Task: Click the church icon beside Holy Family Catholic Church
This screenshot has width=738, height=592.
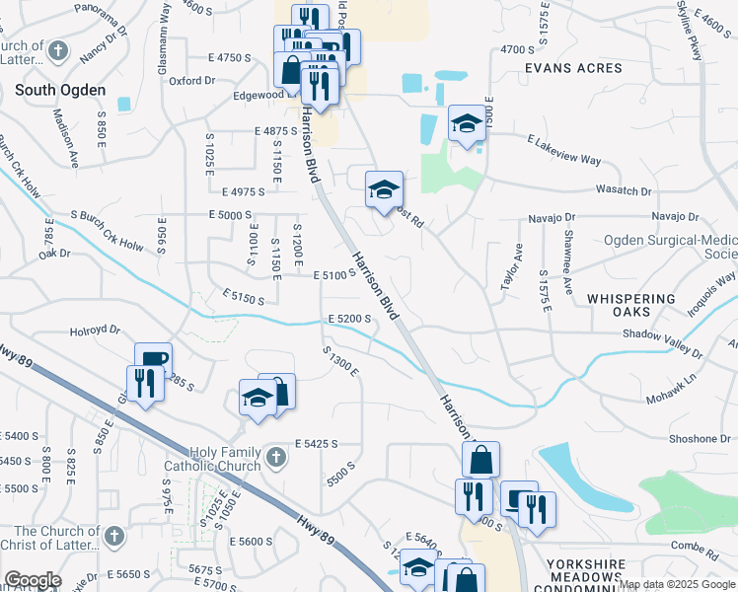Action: click(x=276, y=457)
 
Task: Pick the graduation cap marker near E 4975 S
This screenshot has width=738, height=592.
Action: click(x=385, y=189)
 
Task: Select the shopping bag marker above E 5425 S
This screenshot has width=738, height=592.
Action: click(x=277, y=391)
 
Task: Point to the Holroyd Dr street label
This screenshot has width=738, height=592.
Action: click(x=95, y=332)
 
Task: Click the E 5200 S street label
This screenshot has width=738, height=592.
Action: click(x=349, y=319)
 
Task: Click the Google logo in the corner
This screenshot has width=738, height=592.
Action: click(x=33, y=580)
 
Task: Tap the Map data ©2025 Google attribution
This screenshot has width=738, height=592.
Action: click(x=677, y=584)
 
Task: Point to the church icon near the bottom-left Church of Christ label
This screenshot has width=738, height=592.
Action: click(x=113, y=537)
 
